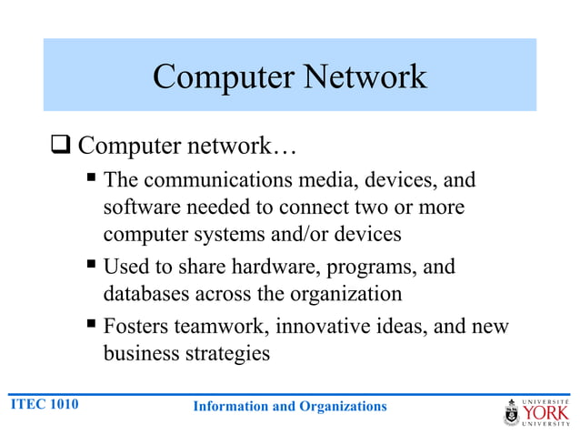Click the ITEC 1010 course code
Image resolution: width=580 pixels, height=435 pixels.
44,403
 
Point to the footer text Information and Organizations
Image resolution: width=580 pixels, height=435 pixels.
289,406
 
